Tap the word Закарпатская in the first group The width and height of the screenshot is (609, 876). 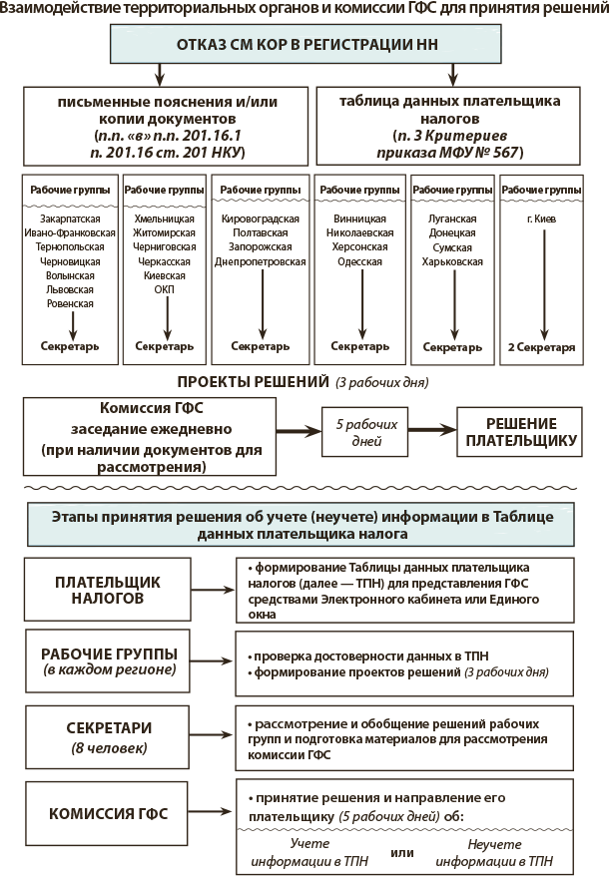pyautogui.click(x=69, y=219)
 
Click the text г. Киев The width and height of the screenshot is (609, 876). pyautogui.click(x=542, y=219)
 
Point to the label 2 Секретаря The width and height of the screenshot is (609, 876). pyautogui.click(x=542, y=347)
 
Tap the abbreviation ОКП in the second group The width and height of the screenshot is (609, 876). pyautogui.click(x=164, y=289)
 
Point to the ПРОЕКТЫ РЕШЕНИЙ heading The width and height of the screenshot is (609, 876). pyautogui.click(x=253, y=382)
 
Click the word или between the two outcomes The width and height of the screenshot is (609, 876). pyautogui.click(x=402, y=852)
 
